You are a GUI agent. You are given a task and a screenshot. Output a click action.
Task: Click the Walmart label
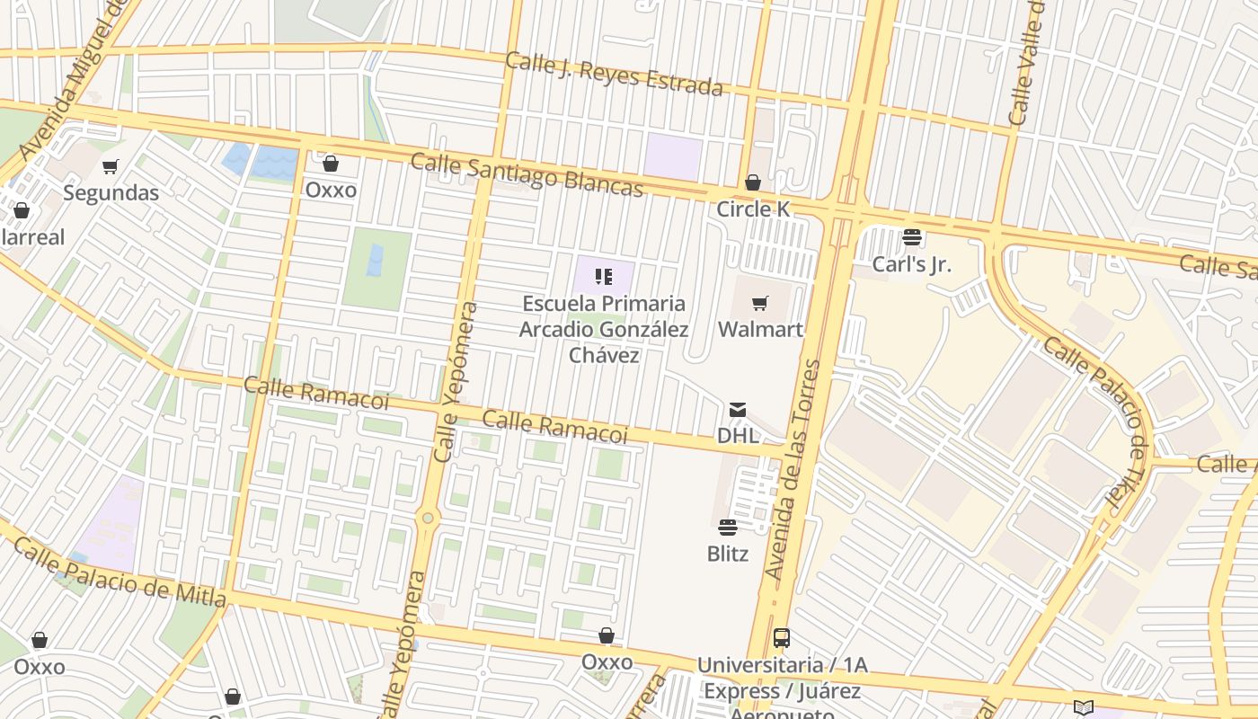pyautogui.click(x=760, y=329)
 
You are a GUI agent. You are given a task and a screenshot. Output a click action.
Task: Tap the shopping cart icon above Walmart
pyautogui.click(x=760, y=303)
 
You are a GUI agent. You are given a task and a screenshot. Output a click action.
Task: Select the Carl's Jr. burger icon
pyautogui.click(x=912, y=237)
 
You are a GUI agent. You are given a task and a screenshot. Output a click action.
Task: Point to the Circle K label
pyautogui.click(x=753, y=209)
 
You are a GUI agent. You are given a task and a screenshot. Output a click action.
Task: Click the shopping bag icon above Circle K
pyautogui.click(x=753, y=183)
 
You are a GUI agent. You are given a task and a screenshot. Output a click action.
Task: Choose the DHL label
pyautogui.click(x=738, y=436)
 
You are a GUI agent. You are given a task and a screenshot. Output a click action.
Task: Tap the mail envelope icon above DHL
pyautogui.click(x=738, y=410)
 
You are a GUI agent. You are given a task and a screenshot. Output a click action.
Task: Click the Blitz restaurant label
pyautogui.click(x=728, y=554)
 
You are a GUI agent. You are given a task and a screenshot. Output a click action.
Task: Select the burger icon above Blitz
pyautogui.click(x=728, y=528)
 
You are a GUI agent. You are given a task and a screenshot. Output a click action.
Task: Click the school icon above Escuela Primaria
pyautogui.click(x=604, y=277)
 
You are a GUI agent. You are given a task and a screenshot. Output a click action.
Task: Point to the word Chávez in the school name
pyautogui.click(x=604, y=355)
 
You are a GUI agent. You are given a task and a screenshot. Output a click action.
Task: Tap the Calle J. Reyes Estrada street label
pyautogui.click(x=614, y=74)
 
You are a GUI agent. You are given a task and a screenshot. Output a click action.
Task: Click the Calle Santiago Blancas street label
pyautogui.click(x=527, y=174)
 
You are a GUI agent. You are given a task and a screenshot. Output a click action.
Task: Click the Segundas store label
pyautogui.click(x=111, y=192)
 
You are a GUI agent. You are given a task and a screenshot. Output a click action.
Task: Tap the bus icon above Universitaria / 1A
pyautogui.click(x=782, y=638)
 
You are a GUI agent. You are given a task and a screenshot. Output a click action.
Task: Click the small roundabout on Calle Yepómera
pyautogui.click(x=428, y=518)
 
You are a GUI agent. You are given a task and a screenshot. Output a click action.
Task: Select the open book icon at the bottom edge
pyautogui.click(x=1084, y=708)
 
